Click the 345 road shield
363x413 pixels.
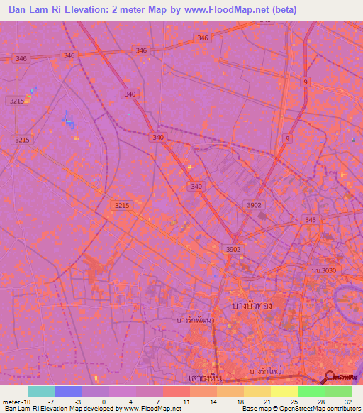click(x=311, y=221)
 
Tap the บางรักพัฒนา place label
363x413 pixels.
click(x=195, y=320)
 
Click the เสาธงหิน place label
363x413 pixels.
click(x=203, y=378)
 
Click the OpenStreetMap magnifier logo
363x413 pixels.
click(x=330, y=377)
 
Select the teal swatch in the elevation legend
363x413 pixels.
click(x=42, y=391)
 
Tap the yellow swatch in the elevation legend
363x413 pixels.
click(x=284, y=391)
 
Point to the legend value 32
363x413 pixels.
click(x=347, y=401)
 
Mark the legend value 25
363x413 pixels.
click(x=294, y=401)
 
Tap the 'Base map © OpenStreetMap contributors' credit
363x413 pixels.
click(x=299, y=409)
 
